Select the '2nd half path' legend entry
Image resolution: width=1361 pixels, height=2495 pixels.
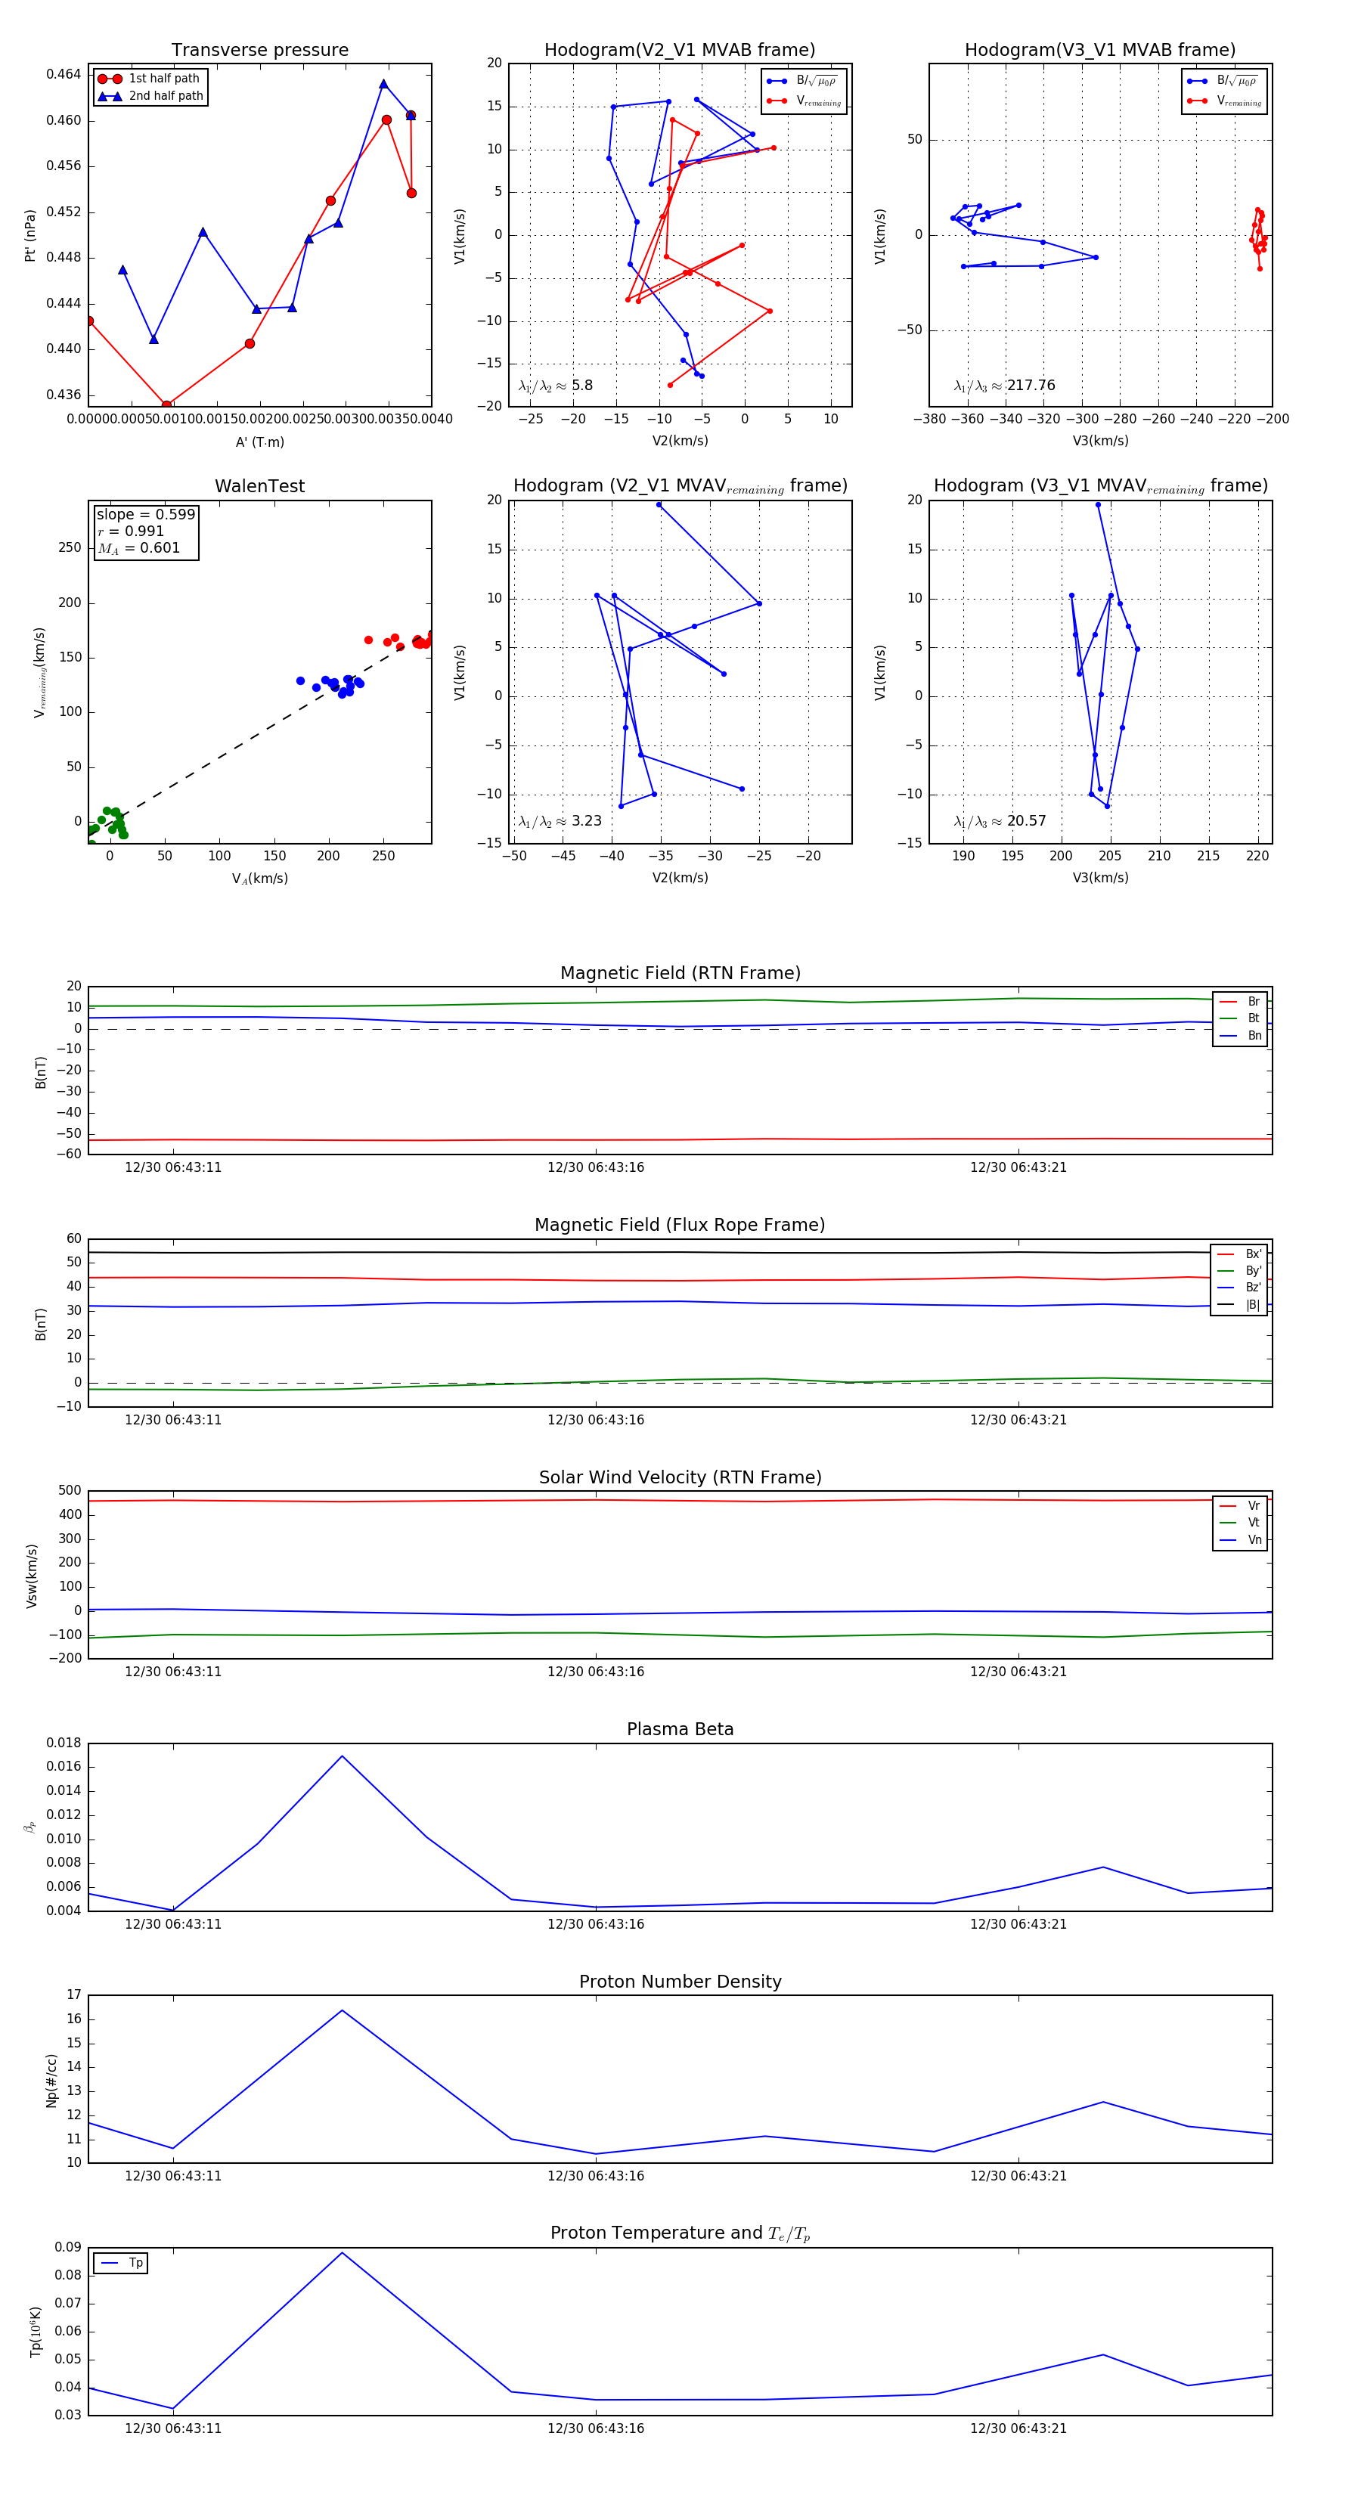click(x=166, y=96)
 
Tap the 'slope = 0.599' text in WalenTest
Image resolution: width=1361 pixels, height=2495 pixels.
click(x=145, y=514)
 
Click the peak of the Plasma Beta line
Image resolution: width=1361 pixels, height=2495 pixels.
click(x=342, y=1756)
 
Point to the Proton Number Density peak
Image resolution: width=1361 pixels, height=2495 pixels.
click(x=342, y=2010)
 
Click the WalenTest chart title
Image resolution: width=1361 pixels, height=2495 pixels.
click(x=259, y=486)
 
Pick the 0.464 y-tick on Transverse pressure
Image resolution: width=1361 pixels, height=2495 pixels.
click(x=63, y=75)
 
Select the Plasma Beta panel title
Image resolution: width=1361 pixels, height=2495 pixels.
click(x=680, y=1729)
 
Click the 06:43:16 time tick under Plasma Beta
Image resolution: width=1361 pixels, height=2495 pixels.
click(x=596, y=1923)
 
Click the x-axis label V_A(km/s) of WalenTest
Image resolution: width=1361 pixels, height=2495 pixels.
click(x=259, y=879)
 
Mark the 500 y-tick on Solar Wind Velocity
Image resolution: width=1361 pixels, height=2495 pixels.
click(x=70, y=1491)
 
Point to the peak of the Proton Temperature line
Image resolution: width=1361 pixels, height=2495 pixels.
click(x=342, y=2253)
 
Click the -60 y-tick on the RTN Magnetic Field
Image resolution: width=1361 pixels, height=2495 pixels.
click(x=68, y=1154)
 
